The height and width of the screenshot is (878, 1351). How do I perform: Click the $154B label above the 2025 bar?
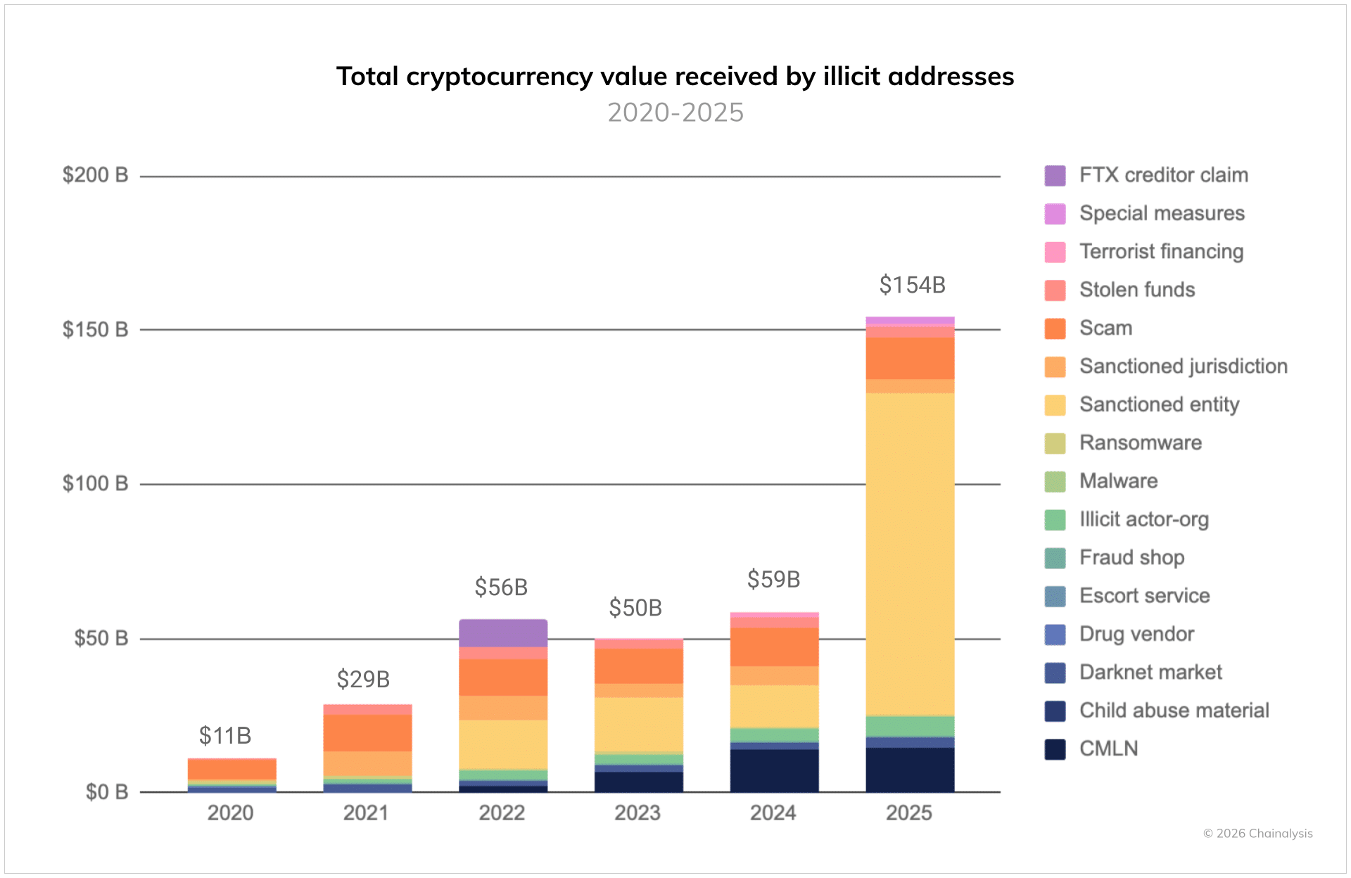(x=912, y=285)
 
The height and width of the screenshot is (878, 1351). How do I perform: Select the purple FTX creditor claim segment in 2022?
(x=502, y=633)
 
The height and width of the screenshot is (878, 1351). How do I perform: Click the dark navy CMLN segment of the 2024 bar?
(x=774, y=770)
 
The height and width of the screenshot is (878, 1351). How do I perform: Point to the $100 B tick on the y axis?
(x=95, y=483)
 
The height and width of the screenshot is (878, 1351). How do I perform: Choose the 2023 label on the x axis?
(x=638, y=813)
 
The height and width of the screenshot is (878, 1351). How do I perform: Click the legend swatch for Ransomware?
(x=1055, y=443)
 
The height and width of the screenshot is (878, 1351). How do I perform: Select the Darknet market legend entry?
(x=1150, y=673)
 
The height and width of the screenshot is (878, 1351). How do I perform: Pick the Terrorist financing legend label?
(x=1161, y=252)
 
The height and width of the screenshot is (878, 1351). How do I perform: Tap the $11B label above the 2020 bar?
(x=225, y=735)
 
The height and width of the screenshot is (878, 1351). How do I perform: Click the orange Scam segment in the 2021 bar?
(x=367, y=733)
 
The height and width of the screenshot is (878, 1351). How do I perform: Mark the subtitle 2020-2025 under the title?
(x=675, y=113)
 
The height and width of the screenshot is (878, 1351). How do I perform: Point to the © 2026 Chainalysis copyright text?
(x=1257, y=834)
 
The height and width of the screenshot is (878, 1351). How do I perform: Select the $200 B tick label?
(x=95, y=174)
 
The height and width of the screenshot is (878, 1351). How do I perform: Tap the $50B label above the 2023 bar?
(x=635, y=608)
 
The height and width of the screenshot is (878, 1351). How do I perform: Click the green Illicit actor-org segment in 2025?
(x=910, y=726)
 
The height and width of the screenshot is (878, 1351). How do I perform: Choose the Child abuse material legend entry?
(x=1174, y=711)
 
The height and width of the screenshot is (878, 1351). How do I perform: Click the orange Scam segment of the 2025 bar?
(x=910, y=358)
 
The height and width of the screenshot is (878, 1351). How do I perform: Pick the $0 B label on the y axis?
(x=106, y=792)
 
